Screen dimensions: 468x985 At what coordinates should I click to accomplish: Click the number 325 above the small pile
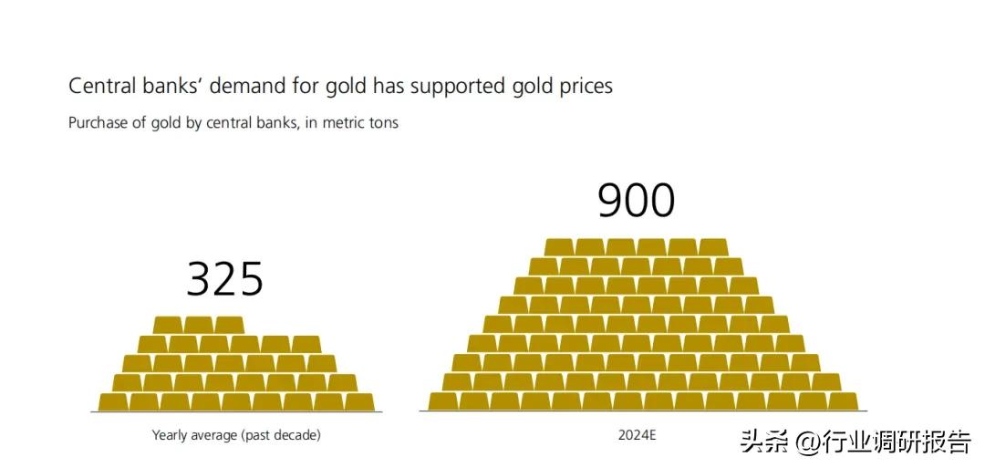[224, 279]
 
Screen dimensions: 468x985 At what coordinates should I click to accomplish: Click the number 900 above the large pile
[636, 201]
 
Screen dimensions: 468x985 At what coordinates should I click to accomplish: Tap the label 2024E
[637, 435]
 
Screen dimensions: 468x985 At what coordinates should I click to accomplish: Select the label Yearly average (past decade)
[236, 435]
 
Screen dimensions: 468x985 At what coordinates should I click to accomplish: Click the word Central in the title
[100, 86]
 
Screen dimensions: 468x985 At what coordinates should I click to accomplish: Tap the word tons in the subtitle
[382, 122]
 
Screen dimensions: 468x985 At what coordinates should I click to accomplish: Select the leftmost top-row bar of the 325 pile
[168, 325]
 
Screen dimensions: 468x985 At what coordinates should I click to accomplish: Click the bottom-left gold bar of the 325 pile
[113, 401]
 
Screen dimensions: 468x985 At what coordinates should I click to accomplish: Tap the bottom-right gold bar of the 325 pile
[359, 401]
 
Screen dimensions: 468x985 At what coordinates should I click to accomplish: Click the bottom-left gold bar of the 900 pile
[442, 401]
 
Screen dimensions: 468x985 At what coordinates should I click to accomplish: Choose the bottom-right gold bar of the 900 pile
[844, 401]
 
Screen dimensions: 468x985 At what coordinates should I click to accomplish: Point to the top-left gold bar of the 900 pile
[559, 247]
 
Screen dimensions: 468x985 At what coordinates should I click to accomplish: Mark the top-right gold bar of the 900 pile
[713, 247]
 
